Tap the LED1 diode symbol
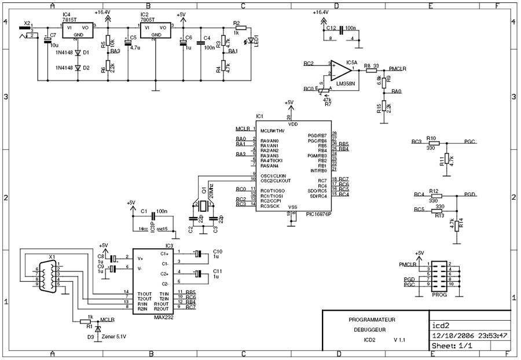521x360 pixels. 250,42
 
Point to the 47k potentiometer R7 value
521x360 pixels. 328,100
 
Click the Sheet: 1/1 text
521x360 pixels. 452,347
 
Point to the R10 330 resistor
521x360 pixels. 431,141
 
